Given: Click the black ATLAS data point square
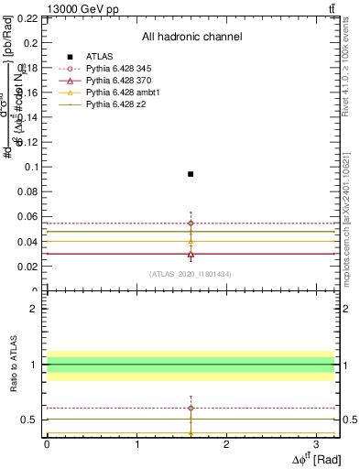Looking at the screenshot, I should pos(191,174).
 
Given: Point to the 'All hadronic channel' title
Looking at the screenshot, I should pos(191,37).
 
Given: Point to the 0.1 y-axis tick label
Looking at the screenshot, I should pos(31,167).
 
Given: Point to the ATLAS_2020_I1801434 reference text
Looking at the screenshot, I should pos(191,274).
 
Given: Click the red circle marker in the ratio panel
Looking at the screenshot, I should pos(191,408).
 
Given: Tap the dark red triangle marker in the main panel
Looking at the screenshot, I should pos(191,254).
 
